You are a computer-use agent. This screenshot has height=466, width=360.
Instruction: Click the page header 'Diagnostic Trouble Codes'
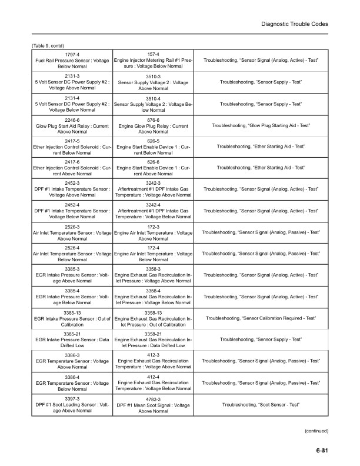point(294,24)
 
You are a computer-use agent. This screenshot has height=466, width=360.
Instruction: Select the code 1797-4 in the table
point(72,55)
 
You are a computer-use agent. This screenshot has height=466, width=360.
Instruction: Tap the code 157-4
point(153,55)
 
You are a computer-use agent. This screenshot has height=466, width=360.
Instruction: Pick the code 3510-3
point(153,76)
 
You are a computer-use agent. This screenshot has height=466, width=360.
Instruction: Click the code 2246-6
point(72,119)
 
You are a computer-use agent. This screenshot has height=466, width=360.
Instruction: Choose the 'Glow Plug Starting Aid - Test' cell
point(261,125)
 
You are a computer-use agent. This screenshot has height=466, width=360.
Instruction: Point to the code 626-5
point(153,141)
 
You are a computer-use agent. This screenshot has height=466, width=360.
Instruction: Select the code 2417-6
point(72,162)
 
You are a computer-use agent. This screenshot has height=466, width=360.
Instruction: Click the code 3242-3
point(153,183)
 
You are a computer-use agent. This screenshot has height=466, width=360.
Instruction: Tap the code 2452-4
point(72,204)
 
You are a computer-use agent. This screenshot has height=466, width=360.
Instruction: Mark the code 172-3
point(153,226)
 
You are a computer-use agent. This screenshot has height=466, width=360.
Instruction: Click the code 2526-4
point(72,247)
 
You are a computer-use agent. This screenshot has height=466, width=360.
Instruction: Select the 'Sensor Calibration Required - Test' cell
point(261,318)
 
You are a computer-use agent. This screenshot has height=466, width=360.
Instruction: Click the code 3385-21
point(72,333)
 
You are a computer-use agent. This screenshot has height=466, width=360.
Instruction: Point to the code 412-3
point(153,355)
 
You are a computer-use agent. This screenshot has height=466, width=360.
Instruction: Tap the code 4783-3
point(153,398)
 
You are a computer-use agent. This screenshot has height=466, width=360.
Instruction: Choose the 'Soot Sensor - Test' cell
point(261,404)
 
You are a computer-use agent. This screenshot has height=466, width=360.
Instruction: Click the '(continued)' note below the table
point(316,431)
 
